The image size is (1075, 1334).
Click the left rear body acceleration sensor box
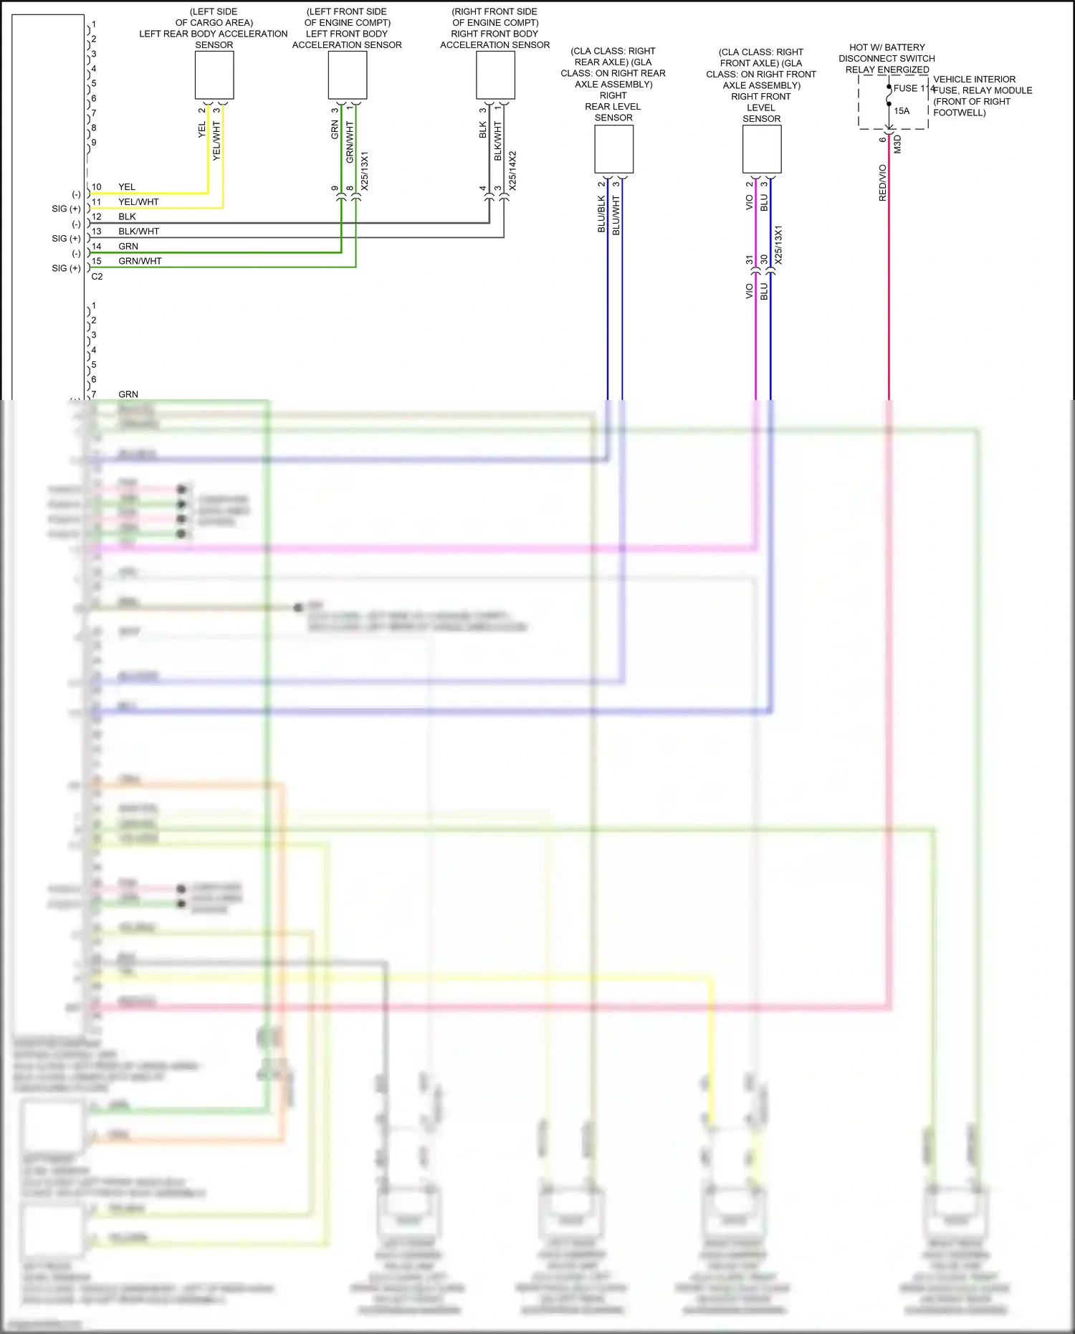(x=214, y=75)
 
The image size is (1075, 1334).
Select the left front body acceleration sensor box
(x=348, y=75)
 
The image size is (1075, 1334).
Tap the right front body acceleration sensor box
(x=495, y=75)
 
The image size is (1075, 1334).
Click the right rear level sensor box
(x=613, y=149)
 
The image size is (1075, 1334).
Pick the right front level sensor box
(x=762, y=149)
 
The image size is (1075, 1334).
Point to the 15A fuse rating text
(x=902, y=111)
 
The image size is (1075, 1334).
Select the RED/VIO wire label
(x=883, y=183)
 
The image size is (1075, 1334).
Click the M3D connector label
(x=897, y=144)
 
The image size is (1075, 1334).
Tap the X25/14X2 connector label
(x=512, y=171)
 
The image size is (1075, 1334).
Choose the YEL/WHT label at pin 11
(x=138, y=202)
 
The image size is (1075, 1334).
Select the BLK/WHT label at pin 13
(x=139, y=232)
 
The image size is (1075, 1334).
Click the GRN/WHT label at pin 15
(x=140, y=261)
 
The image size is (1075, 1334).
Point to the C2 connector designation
(x=97, y=277)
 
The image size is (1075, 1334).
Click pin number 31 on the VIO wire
(x=750, y=259)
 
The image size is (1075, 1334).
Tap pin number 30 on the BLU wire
(x=765, y=259)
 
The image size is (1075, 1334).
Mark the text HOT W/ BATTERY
(x=887, y=47)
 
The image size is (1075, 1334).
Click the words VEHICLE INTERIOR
(x=974, y=80)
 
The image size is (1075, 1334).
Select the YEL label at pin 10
(x=127, y=187)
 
